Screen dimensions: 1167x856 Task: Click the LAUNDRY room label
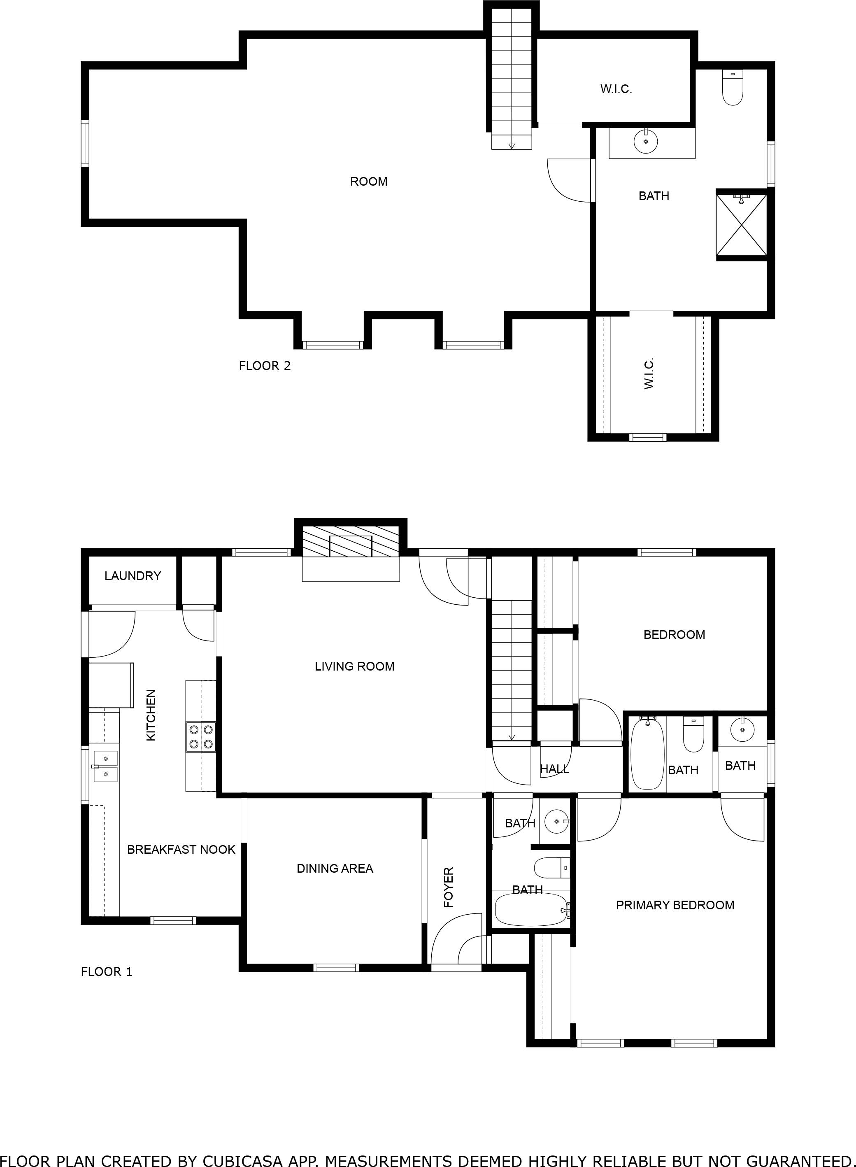(x=133, y=576)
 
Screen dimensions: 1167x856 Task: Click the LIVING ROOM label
(x=354, y=666)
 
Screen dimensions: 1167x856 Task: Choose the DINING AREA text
(x=335, y=869)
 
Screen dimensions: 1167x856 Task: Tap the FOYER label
(x=449, y=887)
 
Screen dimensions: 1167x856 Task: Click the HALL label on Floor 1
(x=554, y=769)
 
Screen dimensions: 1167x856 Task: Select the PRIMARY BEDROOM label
(x=675, y=905)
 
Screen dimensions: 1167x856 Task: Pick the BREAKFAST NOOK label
(x=181, y=849)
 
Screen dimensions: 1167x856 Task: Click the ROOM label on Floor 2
(x=368, y=182)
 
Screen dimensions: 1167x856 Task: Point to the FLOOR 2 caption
(x=264, y=366)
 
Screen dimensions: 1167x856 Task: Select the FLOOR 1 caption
(x=106, y=971)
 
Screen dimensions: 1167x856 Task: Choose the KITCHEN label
(x=151, y=715)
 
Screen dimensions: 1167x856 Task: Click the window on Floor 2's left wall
(x=85, y=144)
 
